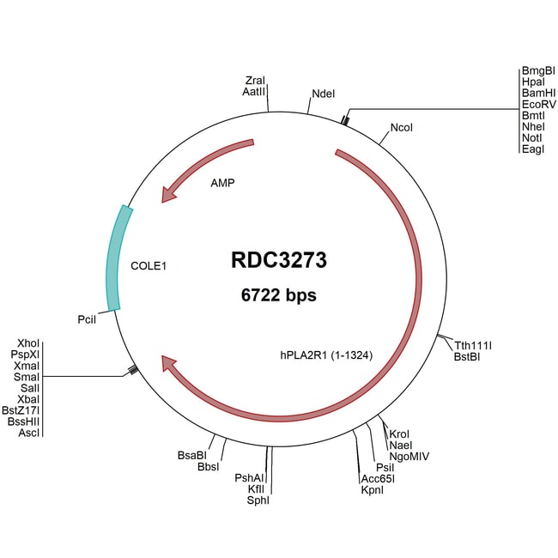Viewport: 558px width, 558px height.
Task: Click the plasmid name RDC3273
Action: pos(278,259)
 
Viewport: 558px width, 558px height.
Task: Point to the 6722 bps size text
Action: pos(278,295)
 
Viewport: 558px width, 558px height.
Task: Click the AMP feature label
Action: pos(223,183)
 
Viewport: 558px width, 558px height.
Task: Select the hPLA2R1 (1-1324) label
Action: pos(324,353)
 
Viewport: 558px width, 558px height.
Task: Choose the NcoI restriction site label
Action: pos(402,128)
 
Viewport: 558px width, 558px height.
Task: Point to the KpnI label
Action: pos(373,490)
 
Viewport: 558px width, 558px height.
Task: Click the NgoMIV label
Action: pos(409,456)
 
